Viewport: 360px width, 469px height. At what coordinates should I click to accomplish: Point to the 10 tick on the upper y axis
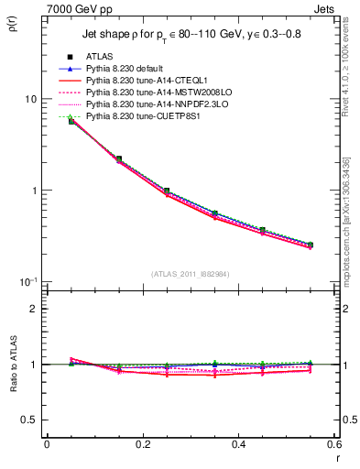30,99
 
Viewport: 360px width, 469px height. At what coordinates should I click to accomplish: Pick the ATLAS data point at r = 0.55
310,245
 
